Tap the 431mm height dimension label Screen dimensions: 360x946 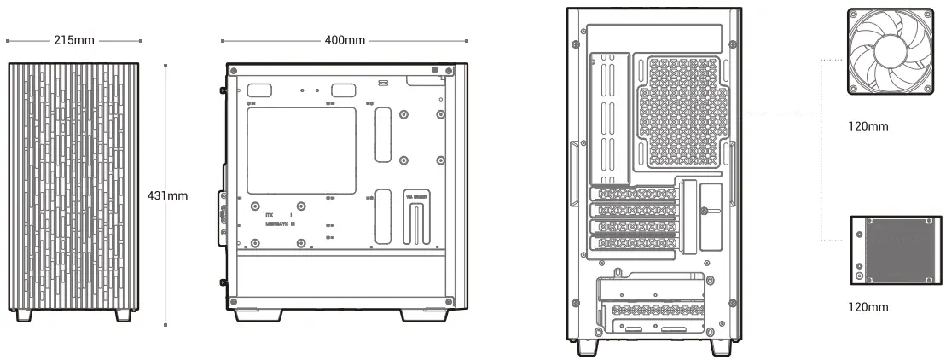click(x=168, y=196)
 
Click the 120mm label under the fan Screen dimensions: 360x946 click(x=869, y=126)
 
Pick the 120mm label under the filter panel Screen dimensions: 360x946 click(x=869, y=307)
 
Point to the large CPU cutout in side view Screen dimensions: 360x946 click(x=300, y=150)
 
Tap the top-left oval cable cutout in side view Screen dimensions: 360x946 click(x=260, y=90)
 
